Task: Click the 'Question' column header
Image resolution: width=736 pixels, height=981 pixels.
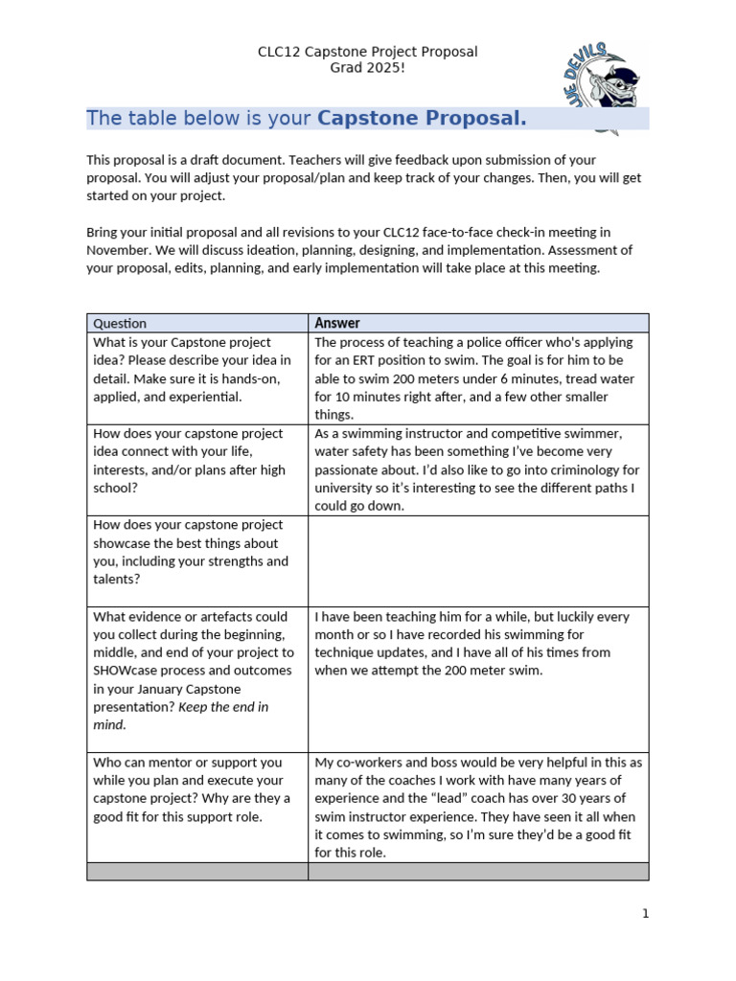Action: click(120, 324)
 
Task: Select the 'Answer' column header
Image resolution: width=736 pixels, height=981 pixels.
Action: click(337, 323)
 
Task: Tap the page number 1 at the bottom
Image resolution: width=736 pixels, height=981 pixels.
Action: click(646, 913)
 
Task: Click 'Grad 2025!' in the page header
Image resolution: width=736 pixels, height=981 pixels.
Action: click(367, 69)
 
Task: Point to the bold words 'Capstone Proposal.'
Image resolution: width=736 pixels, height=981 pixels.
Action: click(422, 119)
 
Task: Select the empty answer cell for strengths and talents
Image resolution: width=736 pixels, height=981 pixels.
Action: click(477, 560)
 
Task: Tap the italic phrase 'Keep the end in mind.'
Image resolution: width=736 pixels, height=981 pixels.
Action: click(180, 716)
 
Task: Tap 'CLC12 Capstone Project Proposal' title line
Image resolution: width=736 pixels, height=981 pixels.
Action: click(367, 52)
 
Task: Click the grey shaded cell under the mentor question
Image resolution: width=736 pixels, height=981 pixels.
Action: click(196, 871)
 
